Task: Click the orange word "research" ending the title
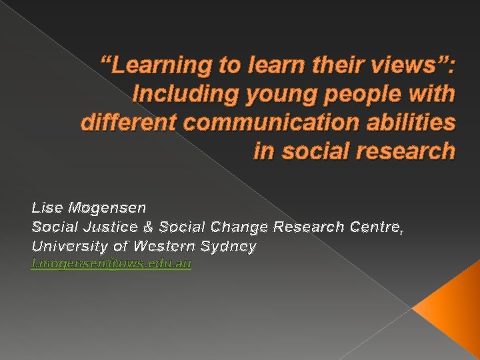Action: [x=404, y=151]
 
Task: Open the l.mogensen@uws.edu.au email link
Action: [x=111, y=265]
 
